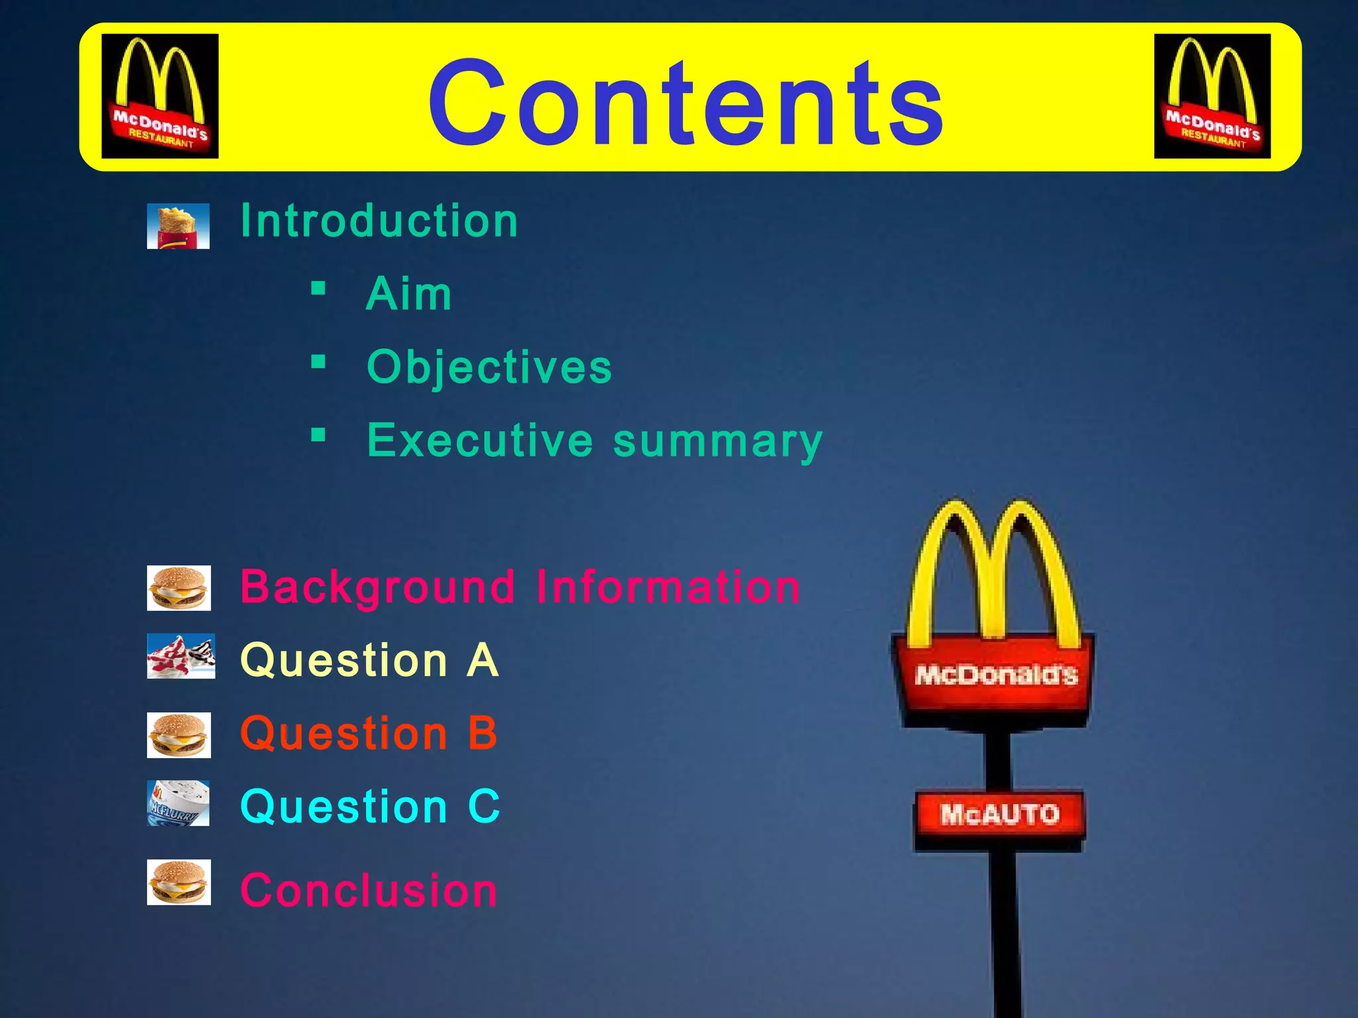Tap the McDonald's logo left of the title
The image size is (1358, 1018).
pos(160,96)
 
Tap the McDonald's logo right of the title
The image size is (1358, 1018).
pos(1212,96)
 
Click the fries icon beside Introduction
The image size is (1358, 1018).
pos(178,226)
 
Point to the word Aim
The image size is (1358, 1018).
pos(409,294)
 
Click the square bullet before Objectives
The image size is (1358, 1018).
pos(319,362)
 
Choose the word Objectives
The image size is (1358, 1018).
pos(489,367)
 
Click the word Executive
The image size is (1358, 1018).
pos(480,440)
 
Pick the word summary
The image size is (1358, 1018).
pos(717,441)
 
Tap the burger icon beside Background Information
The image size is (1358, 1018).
pos(179,588)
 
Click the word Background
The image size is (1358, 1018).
pos(378,587)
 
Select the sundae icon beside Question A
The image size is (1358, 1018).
pos(181,656)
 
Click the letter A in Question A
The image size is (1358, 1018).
pos(482,660)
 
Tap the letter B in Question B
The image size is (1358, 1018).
pos(482,734)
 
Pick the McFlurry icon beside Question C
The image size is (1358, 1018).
pos(178,803)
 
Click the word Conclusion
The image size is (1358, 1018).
pos(369,889)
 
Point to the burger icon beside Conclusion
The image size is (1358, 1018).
pos(179,882)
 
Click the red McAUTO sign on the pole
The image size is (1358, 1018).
pos(999,814)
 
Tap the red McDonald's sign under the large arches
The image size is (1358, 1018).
pos(995,675)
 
